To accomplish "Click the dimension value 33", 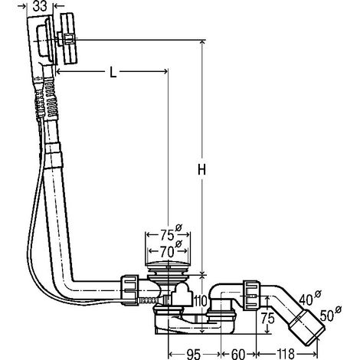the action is [x=40, y=7].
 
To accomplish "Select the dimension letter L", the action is [x=113, y=73].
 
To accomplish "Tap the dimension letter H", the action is [x=201, y=169].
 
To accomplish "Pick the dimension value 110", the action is [x=200, y=302].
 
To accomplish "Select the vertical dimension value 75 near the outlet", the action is [x=267, y=318].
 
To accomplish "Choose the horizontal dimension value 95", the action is [x=193, y=354].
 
